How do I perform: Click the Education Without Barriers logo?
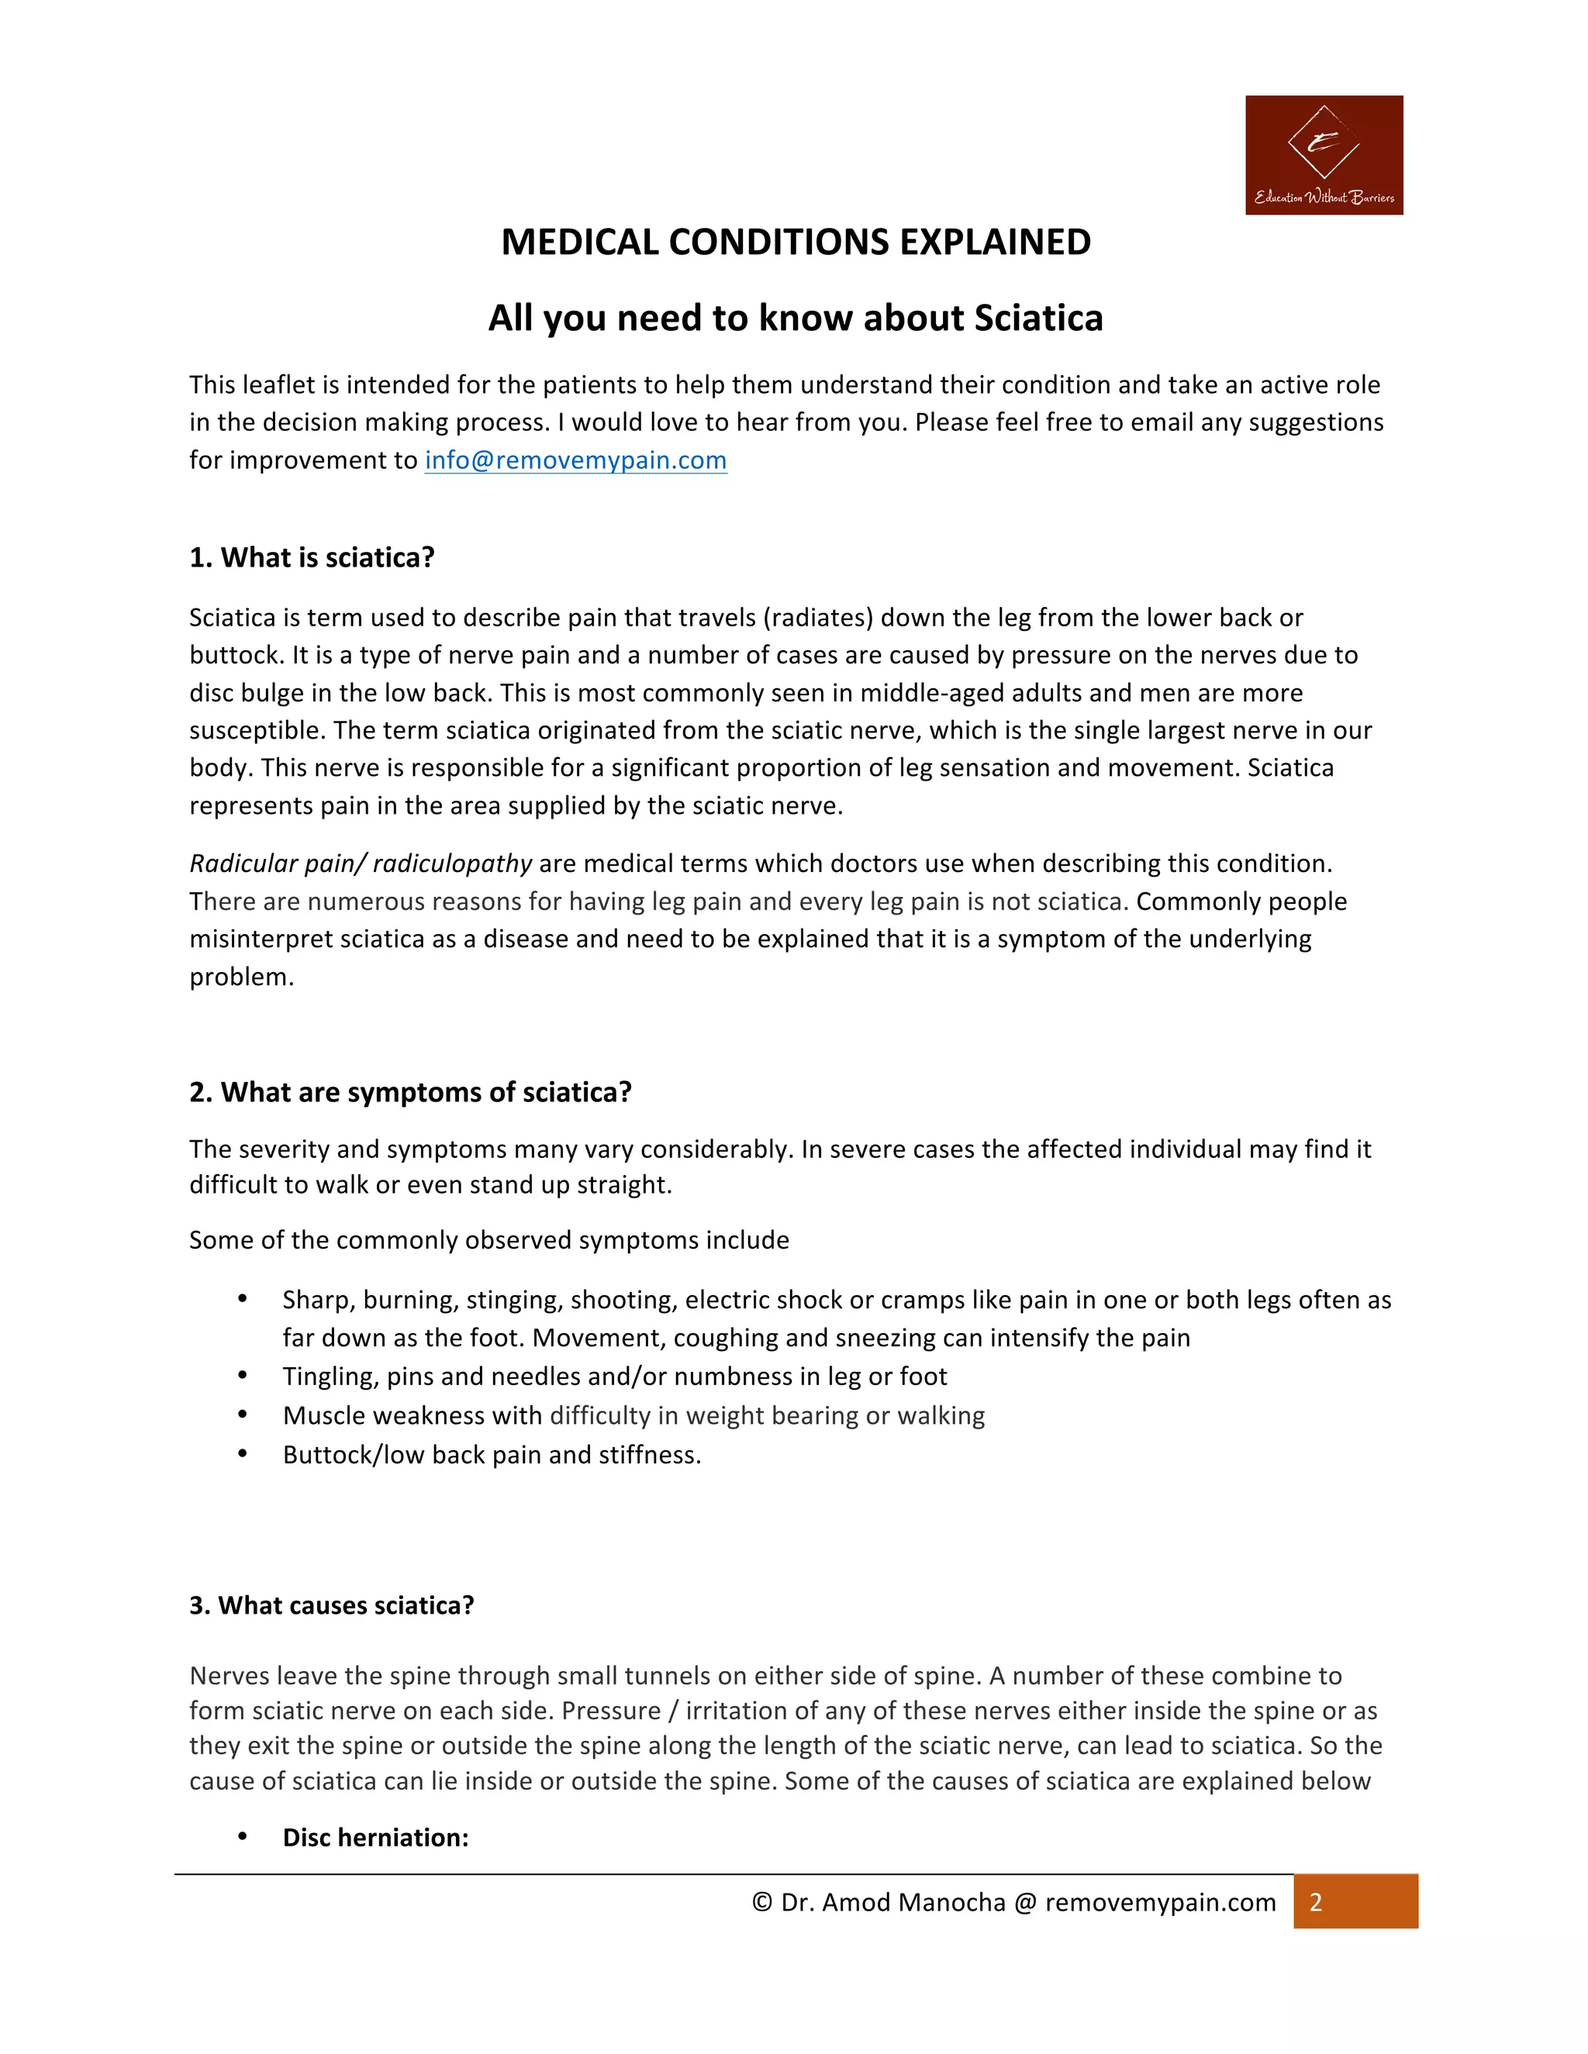[1324, 155]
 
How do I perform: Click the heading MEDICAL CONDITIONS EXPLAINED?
[795, 243]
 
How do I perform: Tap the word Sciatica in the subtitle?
[1037, 319]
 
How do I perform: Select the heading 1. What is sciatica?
[312, 558]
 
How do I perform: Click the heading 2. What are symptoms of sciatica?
[410, 1092]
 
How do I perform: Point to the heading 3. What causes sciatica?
[331, 1605]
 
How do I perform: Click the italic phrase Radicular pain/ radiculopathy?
[361, 863]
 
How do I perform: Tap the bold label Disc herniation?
[375, 1838]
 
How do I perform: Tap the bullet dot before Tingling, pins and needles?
[243, 1376]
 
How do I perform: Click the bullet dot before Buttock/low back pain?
[243, 1454]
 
